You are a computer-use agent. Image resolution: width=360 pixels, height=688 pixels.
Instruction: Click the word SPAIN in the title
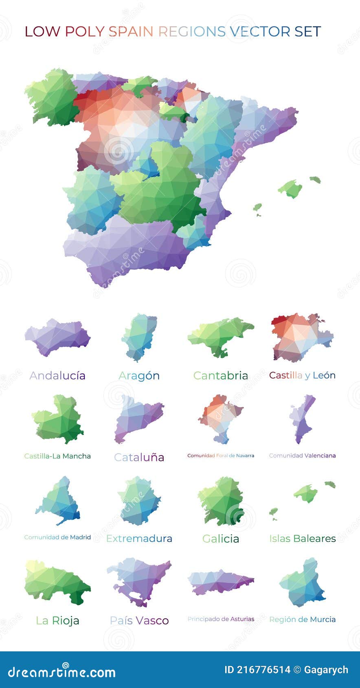tap(132, 32)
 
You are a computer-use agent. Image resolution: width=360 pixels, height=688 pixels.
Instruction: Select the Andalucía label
tap(57, 375)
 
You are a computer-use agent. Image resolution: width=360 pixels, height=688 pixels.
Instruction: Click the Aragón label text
tap(139, 375)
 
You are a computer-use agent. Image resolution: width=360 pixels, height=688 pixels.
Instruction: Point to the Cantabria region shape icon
tap(220, 336)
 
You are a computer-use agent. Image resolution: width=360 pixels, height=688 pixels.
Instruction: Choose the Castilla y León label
tap(302, 375)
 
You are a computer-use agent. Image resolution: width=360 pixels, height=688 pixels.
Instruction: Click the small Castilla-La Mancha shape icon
tap(58, 419)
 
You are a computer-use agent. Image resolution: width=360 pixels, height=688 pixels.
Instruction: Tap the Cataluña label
tap(139, 457)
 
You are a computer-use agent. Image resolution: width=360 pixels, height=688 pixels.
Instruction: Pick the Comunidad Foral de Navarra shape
tap(220, 417)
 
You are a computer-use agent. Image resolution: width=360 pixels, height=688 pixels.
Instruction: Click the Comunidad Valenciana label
tap(302, 456)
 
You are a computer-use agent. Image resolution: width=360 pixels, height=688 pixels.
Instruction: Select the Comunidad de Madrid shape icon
tap(59, 502)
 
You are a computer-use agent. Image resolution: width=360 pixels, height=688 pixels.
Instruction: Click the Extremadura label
tap(139, 539)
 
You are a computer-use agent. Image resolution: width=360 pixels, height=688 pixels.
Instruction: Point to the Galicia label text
tap(220, 539)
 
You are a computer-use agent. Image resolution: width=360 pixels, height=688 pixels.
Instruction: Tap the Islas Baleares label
tap(302, 539)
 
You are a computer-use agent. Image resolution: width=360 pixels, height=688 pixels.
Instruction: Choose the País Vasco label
tap(139, 620)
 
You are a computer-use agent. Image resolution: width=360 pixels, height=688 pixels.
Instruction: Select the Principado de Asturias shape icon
tap(220, 581)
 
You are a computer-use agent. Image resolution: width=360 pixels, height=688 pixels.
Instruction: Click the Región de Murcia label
tap(302, 619)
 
